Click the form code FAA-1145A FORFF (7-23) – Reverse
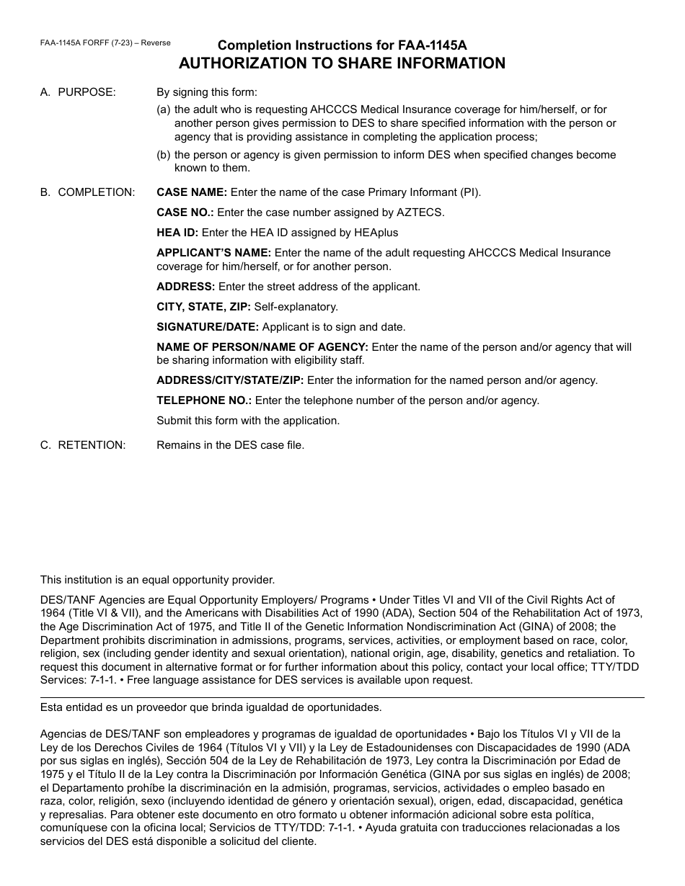105,43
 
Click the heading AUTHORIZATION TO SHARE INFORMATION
342,63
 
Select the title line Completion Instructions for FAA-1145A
342,45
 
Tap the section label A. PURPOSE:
78,92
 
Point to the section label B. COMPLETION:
87,192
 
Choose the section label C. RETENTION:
83,445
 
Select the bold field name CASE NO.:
185,212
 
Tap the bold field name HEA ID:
177,233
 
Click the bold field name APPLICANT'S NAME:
214,253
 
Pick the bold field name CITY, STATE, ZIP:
204,307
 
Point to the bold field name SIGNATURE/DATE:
208,327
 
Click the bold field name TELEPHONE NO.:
204,401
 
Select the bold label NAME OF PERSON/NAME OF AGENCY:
262,347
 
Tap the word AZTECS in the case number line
425,212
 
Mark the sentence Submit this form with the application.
248,421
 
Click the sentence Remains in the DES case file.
231,445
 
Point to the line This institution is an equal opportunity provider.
158,580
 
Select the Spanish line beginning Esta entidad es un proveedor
211,707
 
